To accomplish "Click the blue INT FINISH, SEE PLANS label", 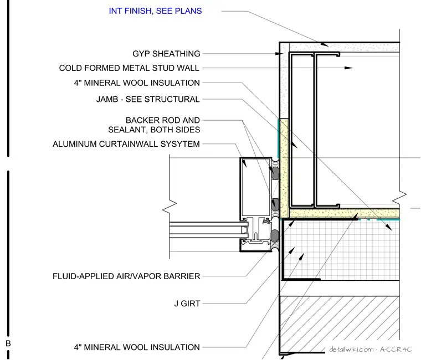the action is coord(155,11).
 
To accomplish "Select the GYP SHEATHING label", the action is coord(166,54).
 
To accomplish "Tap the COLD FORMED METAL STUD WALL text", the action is coord(129,68).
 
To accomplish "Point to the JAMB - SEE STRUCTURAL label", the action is coord(148,99).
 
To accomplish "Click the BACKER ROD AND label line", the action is coord(163,120).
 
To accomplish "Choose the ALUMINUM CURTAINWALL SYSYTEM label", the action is coord(126,144).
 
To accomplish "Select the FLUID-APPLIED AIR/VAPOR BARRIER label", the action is coord(126,276).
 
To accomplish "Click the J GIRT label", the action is coord(187,304).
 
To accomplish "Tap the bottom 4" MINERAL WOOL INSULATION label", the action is coord(137,347).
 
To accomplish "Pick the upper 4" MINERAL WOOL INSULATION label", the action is coord(137,83).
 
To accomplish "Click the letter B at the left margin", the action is coord(8,343).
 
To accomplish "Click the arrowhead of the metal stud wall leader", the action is coord(348,68).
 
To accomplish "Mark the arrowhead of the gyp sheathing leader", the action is coord(279,54).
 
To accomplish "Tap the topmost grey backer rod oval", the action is coord(275,173).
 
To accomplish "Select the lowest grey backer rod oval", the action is coord(275,236).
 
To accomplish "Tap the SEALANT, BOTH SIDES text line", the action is coord(154,130).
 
